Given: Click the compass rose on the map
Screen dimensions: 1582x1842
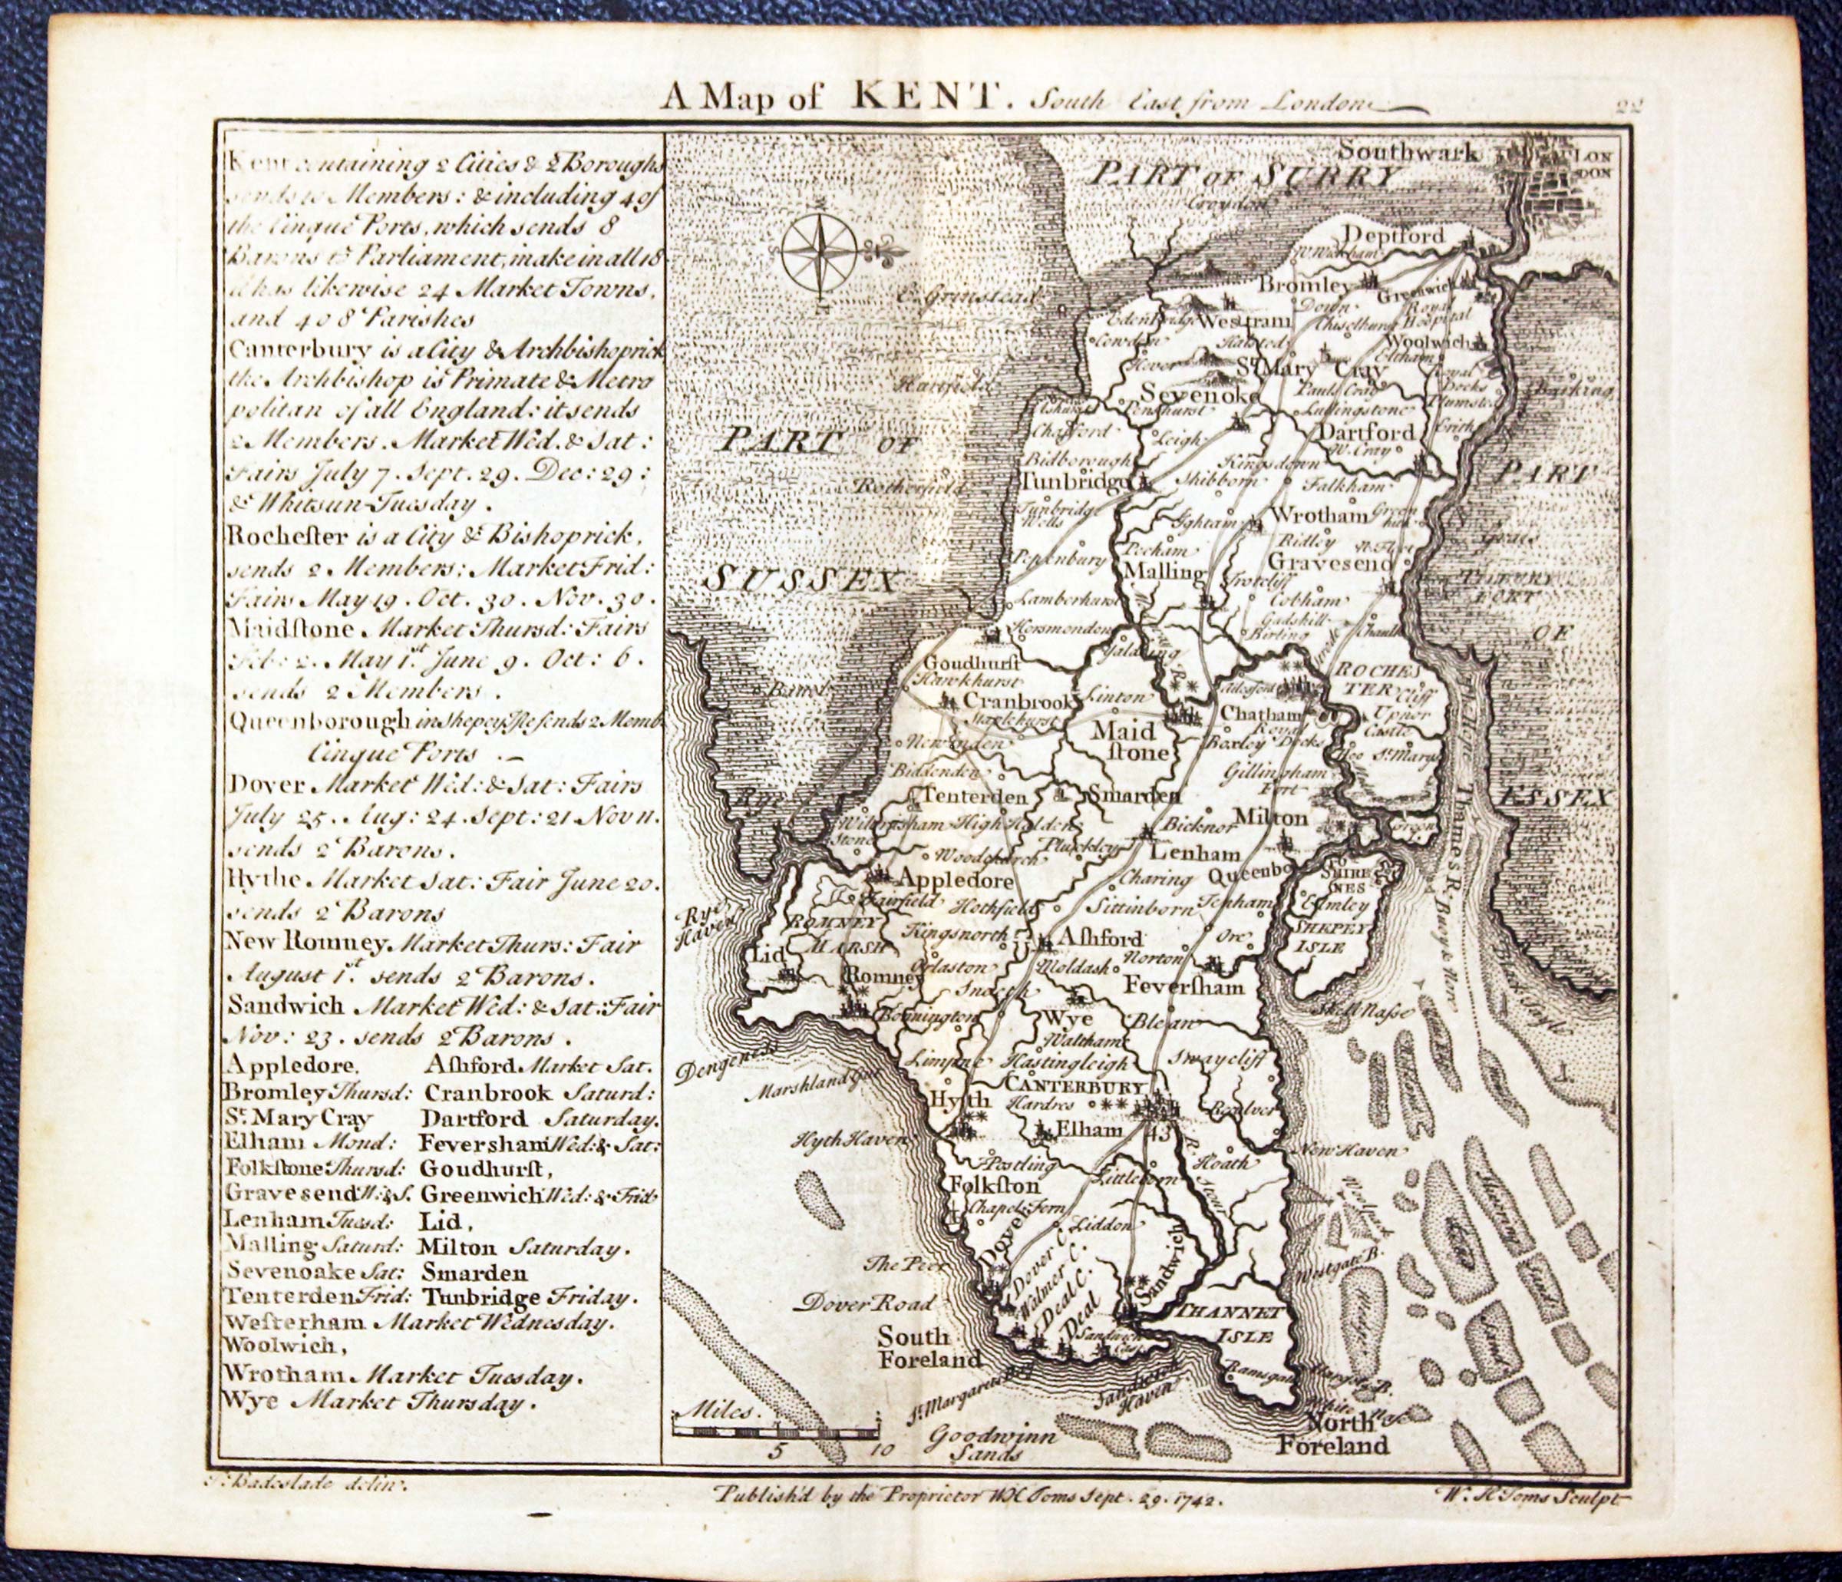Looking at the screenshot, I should click(819, 251).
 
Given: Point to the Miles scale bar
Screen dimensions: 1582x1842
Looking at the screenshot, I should click(776, 1430).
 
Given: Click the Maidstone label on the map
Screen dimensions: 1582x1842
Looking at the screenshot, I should click(1124, 741).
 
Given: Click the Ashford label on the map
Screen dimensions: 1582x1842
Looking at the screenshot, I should click(1099, 938).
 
